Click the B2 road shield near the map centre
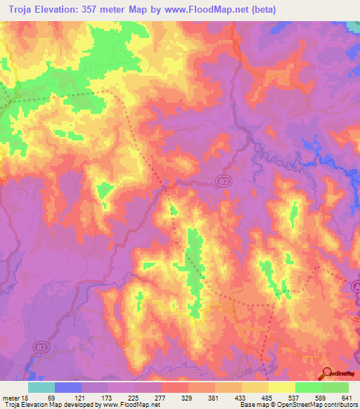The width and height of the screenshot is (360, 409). pyautogui.click(x=221, y=182)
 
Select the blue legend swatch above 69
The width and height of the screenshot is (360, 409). pyautogui.click(x=67, y=387)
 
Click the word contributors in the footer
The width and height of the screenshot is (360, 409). pyautogui.click(x=340, y=405)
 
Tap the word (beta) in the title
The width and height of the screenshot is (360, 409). pyautogui.click(x=260, y=10)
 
